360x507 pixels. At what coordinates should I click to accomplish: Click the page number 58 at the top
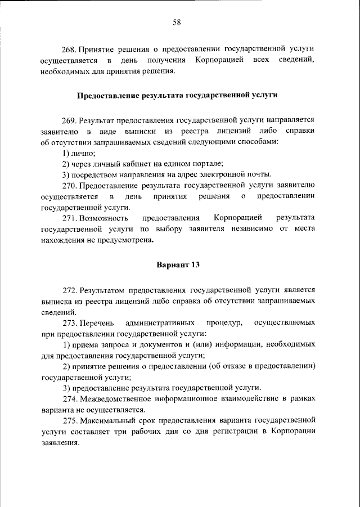[x=177, y=22]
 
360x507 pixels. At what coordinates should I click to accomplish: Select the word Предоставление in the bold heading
[x=107, y=96]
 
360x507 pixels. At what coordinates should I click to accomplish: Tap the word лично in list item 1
[x=83, y=153]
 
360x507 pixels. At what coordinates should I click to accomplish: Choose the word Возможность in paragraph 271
[x=104, y=218]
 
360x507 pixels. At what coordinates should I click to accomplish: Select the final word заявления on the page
[x=60, y=442]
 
